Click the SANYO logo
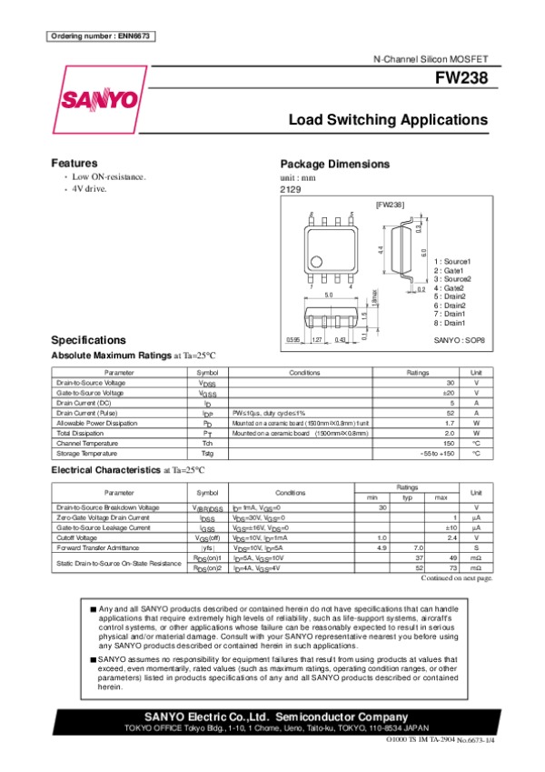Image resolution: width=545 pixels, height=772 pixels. click(100, 98)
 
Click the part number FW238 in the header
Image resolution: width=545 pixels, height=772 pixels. click(467, 78)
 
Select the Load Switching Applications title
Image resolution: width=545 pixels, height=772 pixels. click(388, 120)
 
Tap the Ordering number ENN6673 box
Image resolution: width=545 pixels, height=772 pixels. click(100, 35)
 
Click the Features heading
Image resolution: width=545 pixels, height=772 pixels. click(74, 163)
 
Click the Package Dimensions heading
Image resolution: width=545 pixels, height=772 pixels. click(334, 164)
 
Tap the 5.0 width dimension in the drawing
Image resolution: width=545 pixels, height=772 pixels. click(329, 296)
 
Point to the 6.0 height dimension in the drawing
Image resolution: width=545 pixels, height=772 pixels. click(423, 251)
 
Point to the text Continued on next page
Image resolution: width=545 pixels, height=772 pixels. click(457, 576)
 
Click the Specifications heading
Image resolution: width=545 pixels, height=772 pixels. click(88, 340)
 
